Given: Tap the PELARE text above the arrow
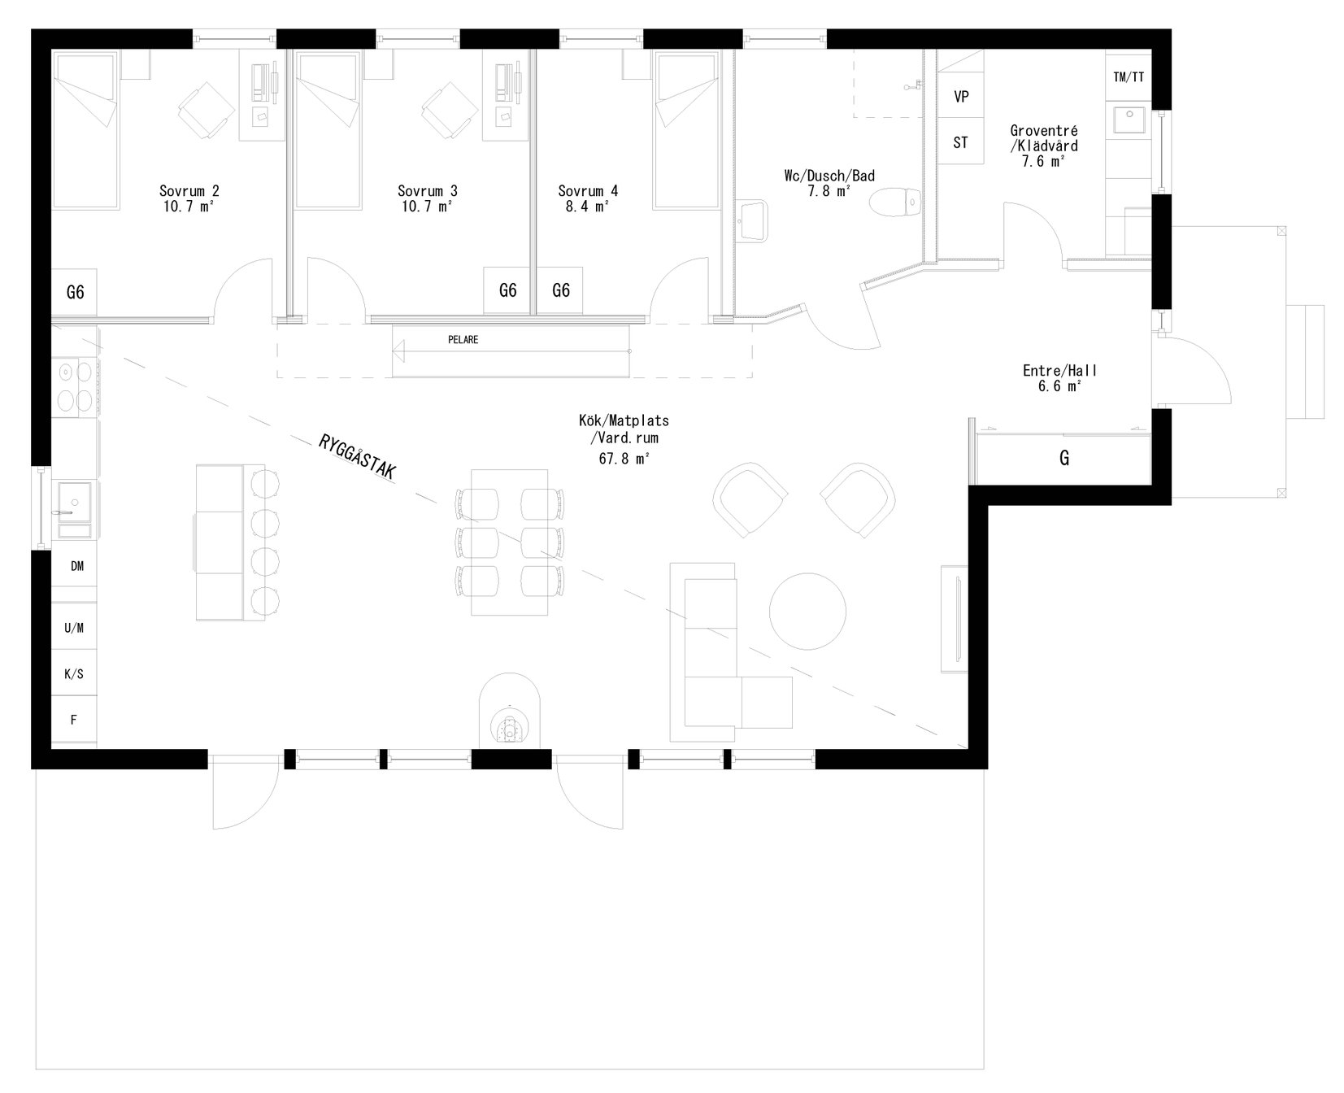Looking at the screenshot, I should (x=463, y=340).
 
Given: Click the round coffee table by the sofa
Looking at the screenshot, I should (x=807, y=611).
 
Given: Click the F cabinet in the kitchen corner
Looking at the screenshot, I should (x=74, y=719).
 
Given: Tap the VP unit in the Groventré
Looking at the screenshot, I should (x=961, y=97).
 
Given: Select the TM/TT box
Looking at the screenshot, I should (x=1129, y=77).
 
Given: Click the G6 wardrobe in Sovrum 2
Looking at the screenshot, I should (x=75, y=291).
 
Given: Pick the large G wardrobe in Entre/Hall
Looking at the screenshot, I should (x=1063, y=459).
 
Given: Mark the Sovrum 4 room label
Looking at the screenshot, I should (x=588, y=191).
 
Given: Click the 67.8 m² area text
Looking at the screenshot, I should (x=624, y=459).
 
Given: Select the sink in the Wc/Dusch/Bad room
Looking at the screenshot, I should (x=755, y=220).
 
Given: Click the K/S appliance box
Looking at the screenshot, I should (x=74, y=673).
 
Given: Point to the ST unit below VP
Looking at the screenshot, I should (x=961, y=142).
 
